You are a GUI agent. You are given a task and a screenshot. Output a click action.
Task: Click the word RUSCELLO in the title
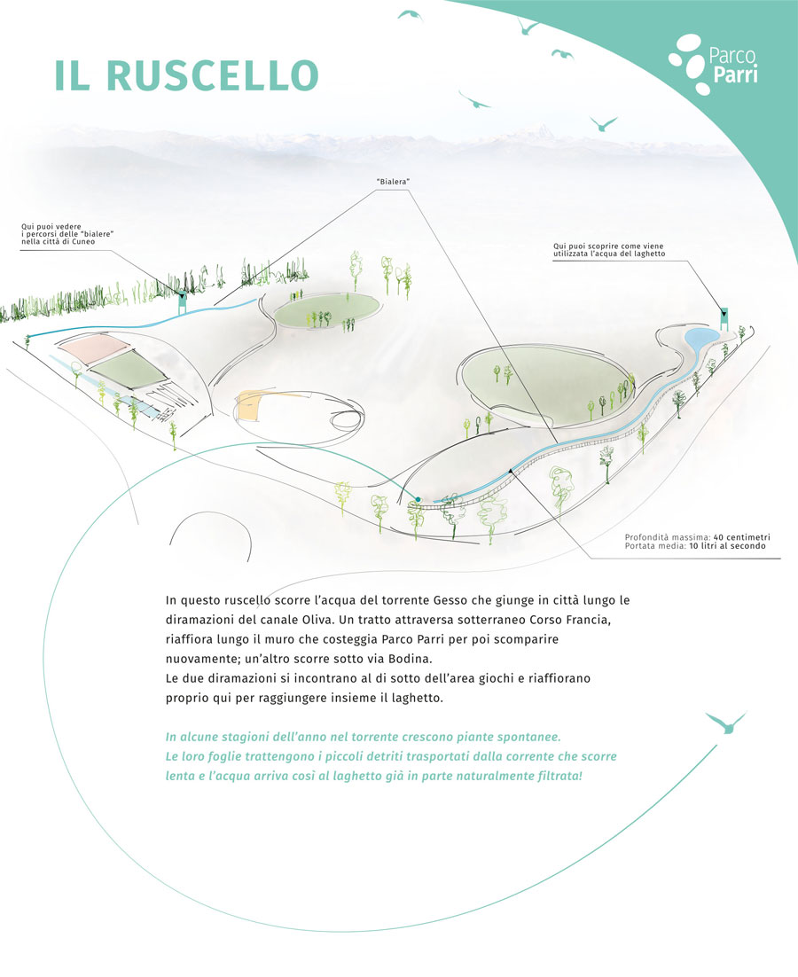click(x=213, y=76)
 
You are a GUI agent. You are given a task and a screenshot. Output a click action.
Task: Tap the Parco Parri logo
click(x=714, y=65)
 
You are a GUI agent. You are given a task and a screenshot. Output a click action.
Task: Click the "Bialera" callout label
click(x=393, y=182)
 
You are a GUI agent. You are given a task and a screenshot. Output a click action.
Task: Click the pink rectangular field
click(x=95, y=349)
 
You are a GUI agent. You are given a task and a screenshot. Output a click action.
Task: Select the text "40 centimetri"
click(x=742, y=537)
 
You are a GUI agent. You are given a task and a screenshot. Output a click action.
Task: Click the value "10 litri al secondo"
click(x=727, y=546)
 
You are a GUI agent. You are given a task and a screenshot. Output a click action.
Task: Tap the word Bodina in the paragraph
click(x=410, y=658)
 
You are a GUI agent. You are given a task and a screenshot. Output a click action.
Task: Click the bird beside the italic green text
click(x=726, y=723)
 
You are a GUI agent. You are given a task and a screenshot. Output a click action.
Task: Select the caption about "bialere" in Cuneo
click(x=67, y=234)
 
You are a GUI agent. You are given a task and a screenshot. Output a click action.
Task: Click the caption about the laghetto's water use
click(x=609, y=250)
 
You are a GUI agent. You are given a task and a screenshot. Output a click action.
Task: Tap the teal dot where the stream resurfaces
click(x=418, y=499)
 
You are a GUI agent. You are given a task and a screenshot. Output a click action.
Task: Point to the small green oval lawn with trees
click(x=327, y=309)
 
